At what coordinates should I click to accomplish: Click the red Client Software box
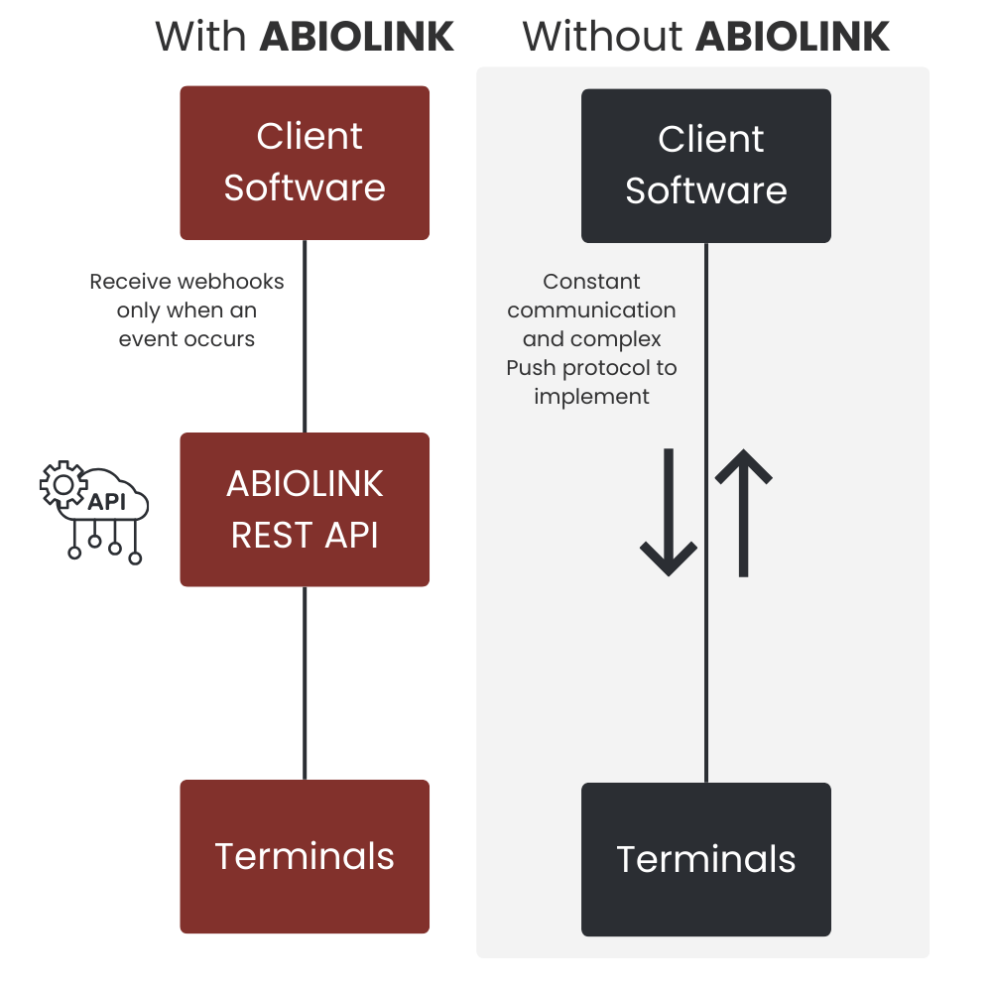tap(305, 163)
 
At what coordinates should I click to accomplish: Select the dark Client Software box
tap(705, 166)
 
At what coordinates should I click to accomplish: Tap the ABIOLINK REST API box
tap(305, 509)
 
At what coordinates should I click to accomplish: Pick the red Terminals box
tap(305, 856)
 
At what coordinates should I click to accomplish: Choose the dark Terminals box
tap(705, 859)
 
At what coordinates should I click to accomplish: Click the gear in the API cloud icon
tap(62, 484)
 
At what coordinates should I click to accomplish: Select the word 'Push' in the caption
tap(537, 368)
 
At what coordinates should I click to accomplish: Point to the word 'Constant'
tap(592, 282)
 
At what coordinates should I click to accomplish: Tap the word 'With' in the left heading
tap(200, 38)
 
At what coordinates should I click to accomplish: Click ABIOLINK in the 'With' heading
tap(357, 38)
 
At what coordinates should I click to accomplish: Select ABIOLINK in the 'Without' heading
tap(793, 38)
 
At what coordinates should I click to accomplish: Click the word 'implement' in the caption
tap(592, 397)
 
